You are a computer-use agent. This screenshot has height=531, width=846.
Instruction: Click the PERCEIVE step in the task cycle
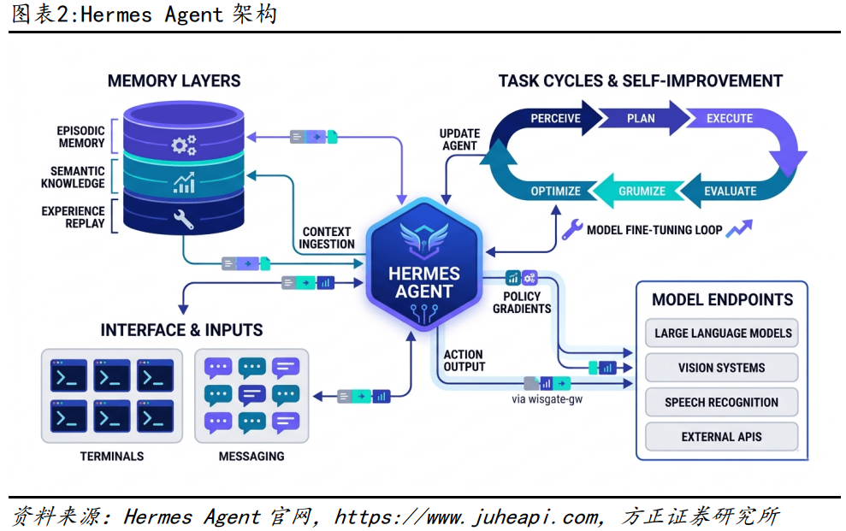coord(555,118)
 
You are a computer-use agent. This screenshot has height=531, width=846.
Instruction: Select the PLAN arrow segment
coord(641,118)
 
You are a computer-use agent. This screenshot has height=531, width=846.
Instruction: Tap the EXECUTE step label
coord(729,118)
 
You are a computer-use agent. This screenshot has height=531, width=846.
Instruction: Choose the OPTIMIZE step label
coord(555,191)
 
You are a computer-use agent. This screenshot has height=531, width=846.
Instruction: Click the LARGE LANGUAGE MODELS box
coord(723,333)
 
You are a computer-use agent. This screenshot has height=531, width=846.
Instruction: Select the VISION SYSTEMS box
coord(722,368)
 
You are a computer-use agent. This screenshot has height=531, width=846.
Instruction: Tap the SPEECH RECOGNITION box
coord(722,402)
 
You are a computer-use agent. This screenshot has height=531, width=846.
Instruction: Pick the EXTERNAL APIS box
coord(722,437)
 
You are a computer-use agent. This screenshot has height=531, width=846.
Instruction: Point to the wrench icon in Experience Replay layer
coord(182,219)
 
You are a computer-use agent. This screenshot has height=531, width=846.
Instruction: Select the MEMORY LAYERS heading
coord(174,81)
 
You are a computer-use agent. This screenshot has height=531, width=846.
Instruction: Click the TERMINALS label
coord(112,457)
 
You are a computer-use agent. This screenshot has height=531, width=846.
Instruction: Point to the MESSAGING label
coord(251,457)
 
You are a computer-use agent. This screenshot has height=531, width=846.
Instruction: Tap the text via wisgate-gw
coord(547,398)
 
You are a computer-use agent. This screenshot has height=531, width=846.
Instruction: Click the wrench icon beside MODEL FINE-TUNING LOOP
coord(572,229)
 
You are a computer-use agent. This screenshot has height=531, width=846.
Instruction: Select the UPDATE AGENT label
coord(460,139)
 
